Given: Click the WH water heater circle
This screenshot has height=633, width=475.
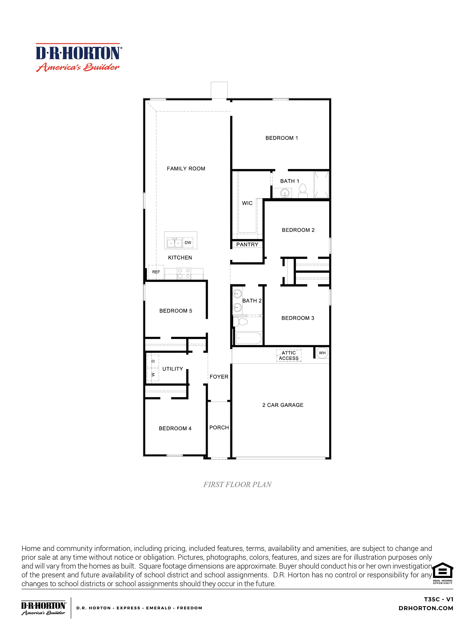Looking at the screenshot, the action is coord(322,353).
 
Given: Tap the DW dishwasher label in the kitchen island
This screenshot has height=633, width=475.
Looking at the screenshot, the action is coord(188,243).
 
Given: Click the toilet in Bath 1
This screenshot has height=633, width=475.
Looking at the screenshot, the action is coord(303,191).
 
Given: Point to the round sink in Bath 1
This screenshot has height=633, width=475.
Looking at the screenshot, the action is coord(285,193).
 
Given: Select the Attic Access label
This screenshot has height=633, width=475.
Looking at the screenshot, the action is coord(289,355).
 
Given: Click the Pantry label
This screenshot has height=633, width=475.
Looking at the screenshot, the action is coord(247,245).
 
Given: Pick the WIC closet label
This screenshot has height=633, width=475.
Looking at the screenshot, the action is coord(247,203).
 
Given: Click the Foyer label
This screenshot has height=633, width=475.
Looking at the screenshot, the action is coord(219,377).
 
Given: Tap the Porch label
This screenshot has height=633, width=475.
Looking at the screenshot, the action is coord(219,428).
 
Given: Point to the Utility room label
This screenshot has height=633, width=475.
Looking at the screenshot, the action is coord(173,369).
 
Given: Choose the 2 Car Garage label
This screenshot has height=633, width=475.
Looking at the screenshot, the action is coord(283,405).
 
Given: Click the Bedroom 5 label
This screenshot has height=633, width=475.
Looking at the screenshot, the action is coord(176,311).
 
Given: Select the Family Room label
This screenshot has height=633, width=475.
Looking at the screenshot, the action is coord(186,169).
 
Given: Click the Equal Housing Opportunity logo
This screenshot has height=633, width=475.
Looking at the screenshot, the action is coord(442,574).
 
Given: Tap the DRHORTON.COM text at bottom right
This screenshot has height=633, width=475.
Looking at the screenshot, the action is coord(426,608).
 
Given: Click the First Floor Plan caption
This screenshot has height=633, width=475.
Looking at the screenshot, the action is coord(237,485).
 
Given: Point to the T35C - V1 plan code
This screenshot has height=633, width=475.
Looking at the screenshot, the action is coord(439,599).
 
